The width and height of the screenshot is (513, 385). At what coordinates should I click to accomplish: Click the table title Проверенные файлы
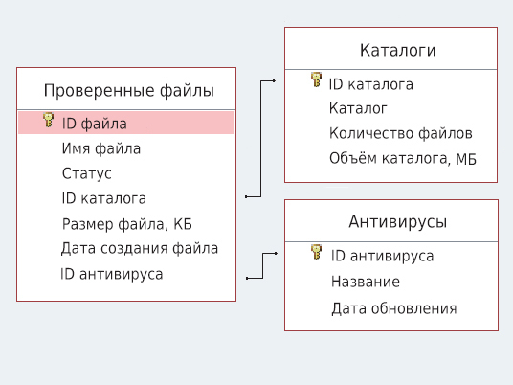(128, 91)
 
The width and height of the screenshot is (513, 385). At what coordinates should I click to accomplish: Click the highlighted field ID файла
(95, 124)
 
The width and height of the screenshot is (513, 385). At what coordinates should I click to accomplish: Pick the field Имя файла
(101, 148)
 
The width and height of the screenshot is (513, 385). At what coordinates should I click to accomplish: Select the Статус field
(87, 173)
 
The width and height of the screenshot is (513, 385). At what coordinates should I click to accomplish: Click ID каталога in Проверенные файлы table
(104, 198)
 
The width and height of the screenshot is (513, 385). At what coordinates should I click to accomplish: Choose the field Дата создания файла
(140, 248)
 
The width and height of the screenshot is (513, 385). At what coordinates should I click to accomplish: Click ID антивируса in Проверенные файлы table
(112, 274)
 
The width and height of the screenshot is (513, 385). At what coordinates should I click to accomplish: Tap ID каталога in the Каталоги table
(371, 84)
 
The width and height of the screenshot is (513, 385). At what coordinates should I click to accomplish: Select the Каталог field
(358, 108)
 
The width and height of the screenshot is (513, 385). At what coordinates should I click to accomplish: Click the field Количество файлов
(401, 133)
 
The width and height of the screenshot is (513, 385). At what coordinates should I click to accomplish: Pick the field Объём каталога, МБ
(403, 158)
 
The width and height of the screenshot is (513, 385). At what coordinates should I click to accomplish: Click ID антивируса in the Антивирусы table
(383, 256)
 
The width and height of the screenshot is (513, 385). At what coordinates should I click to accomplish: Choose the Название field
(366, 282)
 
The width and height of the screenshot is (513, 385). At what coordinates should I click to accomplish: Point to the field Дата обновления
(394, 308)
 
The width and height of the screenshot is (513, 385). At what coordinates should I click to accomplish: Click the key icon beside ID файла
(49, 121)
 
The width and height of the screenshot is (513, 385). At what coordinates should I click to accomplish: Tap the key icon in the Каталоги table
(317, 81)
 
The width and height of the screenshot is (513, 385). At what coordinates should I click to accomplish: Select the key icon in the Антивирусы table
(317, 253)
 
